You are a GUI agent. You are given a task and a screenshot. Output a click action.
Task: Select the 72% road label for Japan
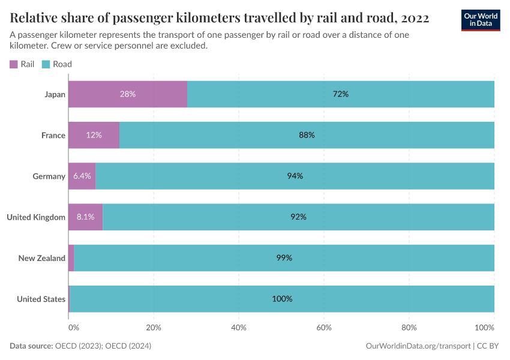click(x=340, y=94)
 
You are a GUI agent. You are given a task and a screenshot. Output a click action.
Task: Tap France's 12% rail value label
click(x=94, y=135)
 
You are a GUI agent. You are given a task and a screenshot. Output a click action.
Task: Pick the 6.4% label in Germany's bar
click(x=82, y=176)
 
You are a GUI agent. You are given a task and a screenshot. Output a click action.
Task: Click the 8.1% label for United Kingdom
click(x=85, y=217)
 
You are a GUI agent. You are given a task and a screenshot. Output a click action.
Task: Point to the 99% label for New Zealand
click(x=284, y=258)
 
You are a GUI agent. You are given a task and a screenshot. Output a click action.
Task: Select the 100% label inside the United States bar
click(x=282, y=299)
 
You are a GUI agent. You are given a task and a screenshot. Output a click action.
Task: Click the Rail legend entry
click(x=22, y=64)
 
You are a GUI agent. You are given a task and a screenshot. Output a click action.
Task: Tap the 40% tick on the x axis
click(x=239, y=328)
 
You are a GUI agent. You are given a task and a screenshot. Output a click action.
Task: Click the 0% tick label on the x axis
click(x=73, y=328)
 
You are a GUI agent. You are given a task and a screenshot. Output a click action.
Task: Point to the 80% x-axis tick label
click(x=409, y=328)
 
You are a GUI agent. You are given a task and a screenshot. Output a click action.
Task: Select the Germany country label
click(x=49, y=176)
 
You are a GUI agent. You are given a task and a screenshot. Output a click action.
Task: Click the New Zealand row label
click(x=41, y=258)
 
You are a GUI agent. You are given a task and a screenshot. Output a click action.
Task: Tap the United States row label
click(x=41, y=299)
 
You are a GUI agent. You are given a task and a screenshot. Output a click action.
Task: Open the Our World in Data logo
click(x=480, y=20)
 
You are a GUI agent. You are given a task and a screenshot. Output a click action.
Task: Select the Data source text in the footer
click(x=80, y=346)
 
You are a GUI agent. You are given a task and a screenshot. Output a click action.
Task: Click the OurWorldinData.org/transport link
click(x=418, y=346)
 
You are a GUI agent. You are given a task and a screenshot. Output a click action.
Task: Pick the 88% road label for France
click(x=307, y=135)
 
